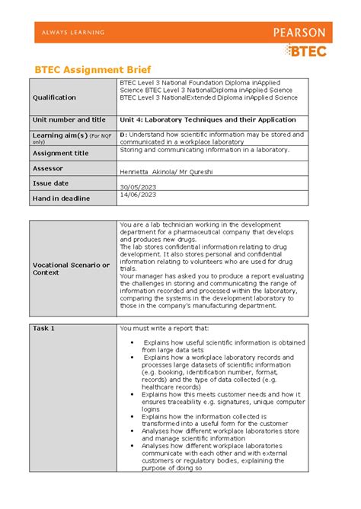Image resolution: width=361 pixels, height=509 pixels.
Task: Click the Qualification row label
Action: tap(54, 97)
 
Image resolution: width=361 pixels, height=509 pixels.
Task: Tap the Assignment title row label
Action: tap(60, 153)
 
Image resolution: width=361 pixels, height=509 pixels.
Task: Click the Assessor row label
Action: tap(48, 168)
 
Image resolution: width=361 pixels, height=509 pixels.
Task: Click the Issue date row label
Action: tap(51, 183)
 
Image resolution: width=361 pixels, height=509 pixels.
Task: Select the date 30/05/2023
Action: tap(138, 187)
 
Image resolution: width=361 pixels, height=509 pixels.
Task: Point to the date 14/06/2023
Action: tap(138, 195)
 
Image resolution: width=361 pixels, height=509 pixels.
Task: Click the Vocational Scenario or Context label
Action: tap(71, 268)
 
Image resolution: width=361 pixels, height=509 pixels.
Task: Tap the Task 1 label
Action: tap(44, 328)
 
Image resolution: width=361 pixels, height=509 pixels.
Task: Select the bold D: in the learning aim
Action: tap(123, 134)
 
